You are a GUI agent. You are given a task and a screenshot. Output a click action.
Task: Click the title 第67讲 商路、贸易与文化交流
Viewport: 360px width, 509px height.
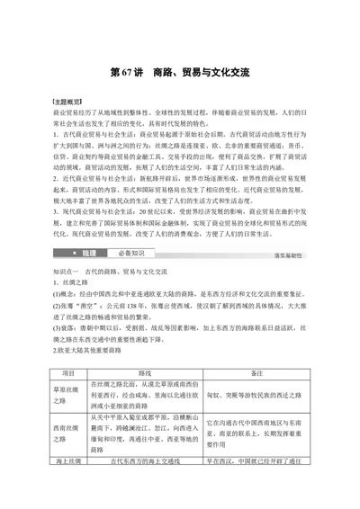click(179, 69)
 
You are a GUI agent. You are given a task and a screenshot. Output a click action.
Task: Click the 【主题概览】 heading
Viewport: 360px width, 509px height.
click(68, 104)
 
